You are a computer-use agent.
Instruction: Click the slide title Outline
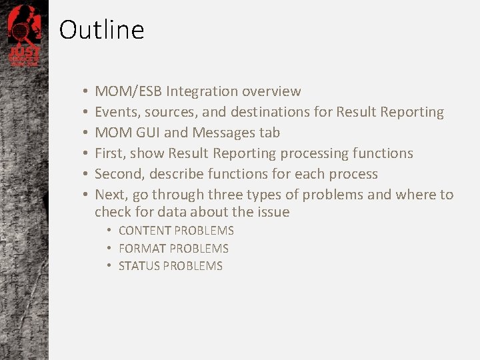click(101, 30)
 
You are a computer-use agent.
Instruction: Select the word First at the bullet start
click(109, 153)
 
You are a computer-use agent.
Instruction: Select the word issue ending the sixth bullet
click(274, 212)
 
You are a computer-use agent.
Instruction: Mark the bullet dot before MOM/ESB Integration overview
click(86, 92)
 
